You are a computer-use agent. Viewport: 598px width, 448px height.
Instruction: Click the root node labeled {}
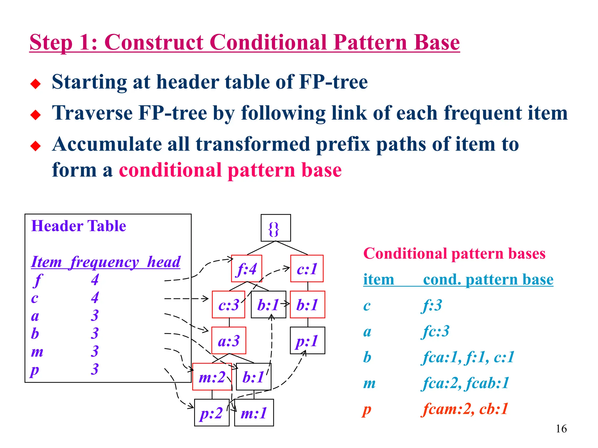tap(276, 228)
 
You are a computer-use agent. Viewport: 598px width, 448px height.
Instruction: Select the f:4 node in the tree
tap(246, 269)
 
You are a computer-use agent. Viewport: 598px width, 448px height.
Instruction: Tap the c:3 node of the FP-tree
tap(228, 304)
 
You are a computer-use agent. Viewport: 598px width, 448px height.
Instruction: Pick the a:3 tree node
tap(229, 340)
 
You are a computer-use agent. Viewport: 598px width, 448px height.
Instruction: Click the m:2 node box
tap(212, 377)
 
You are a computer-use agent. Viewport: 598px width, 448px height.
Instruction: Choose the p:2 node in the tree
tap(212, 412)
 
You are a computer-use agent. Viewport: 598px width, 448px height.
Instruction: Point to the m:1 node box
tap(254, 412)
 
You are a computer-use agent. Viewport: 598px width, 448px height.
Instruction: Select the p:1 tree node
tap(307, 340)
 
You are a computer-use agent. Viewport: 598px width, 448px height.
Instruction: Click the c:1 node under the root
tap(307, 269)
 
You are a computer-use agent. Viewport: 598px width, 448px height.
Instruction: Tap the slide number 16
tap(561, 428)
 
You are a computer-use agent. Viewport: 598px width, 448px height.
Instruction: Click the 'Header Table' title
tap(79, 226)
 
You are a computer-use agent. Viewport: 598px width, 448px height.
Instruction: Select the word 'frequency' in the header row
tap(105, 262)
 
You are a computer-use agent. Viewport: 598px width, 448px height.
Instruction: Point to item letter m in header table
tap(37, 351)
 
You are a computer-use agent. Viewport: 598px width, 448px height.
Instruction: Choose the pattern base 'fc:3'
tap(436, 331)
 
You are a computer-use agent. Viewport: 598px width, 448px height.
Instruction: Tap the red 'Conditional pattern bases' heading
tap(454, 253)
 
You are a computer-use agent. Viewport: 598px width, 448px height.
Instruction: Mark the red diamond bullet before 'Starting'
tap(36, 84)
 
